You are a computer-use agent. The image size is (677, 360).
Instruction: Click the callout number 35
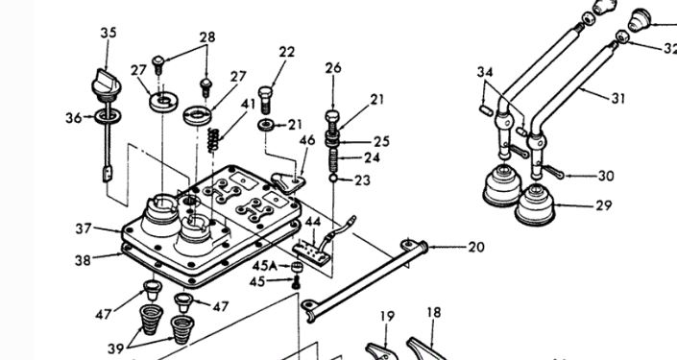[109, 33]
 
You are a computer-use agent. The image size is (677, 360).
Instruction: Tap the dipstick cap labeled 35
[106, 85]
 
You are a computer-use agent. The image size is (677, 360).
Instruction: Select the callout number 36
[74, 117]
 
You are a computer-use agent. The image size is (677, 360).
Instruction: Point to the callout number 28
[207, 37]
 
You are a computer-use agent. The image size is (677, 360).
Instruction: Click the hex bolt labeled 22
[266, 100]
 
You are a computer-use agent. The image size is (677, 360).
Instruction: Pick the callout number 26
[333, 68]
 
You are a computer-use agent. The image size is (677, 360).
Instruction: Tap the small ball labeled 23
[333, 178]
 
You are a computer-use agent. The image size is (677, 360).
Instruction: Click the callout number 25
[381, 141]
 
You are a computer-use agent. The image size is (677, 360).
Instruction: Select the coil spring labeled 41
[213, 140]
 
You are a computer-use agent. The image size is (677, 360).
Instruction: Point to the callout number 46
[307, 140]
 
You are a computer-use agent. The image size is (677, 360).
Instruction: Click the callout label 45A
[265, 266]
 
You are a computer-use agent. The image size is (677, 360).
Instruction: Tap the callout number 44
[313, 222]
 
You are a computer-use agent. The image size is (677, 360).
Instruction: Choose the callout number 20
[476, 247]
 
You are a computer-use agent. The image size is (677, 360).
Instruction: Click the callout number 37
[84, 228]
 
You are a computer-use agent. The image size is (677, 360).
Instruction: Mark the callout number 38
[83, 260]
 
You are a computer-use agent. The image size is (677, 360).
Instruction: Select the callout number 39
[115, 348]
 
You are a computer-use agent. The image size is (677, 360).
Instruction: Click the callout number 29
[604, 205]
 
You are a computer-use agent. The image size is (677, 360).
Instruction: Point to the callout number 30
[606, 176]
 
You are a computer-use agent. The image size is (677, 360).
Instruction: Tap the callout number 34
[485, 72]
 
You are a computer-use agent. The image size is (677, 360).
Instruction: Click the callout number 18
[434, 312]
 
